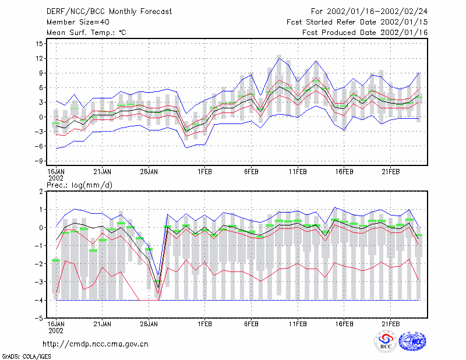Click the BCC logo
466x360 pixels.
(386, 341)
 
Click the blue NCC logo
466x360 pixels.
(412, 341)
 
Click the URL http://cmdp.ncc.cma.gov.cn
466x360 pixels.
(96, 344)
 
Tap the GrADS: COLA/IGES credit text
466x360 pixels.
(26, 357)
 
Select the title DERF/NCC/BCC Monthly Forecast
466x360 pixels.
(109, 12)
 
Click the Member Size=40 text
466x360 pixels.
(78, 22)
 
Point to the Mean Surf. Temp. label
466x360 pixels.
(86, 33)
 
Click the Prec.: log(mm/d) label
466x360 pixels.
(79, 185)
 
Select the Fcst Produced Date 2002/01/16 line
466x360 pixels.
(365, 33)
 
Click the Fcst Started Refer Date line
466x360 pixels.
(357, 22)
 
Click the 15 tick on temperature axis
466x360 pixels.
(39, 44)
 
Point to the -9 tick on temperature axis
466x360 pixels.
(38, 161)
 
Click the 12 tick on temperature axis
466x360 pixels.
(39, 59)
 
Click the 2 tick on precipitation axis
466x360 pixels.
(41, 192)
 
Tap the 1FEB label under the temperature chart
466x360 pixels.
(205, 172)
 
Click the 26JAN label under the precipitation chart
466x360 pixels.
(149, 324)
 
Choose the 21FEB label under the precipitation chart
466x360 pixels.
(390, 324)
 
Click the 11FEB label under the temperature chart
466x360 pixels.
(298, 172)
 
